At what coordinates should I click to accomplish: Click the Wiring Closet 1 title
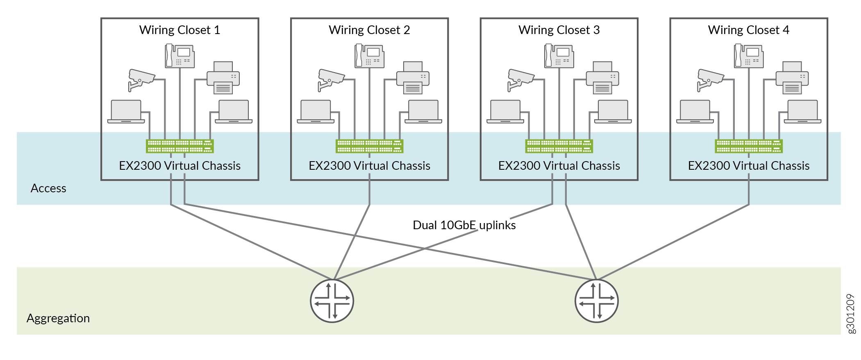pos(179,30)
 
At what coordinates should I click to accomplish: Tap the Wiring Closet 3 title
pos(559,30)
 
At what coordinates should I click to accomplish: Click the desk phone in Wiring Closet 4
pos(749,56)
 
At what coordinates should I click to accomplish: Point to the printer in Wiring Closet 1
pos(223,78)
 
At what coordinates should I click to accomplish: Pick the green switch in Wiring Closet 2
pos(369,146)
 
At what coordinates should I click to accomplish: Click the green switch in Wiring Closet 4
pos(749,146)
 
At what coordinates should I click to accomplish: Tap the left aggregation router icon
pos(332,301)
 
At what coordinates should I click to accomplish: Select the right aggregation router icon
pos(596,301)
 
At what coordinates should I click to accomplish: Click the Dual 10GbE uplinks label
pos(464,225)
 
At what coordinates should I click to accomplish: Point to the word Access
pos(48,188)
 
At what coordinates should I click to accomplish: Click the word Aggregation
pos(58,318)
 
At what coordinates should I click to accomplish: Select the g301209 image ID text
pos(851,314)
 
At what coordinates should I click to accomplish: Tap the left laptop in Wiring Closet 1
pos(126,112)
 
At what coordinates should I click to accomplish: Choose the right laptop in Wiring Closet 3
pos(613,112)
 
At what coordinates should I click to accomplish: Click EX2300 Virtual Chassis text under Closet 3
pos(559,166)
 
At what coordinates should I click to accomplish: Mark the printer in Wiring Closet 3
pos(602,78)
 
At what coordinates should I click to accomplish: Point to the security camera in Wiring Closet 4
pos(710,79)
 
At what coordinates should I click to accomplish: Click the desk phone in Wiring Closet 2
pos(369,56)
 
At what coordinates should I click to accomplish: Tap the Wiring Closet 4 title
pos(748,30)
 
